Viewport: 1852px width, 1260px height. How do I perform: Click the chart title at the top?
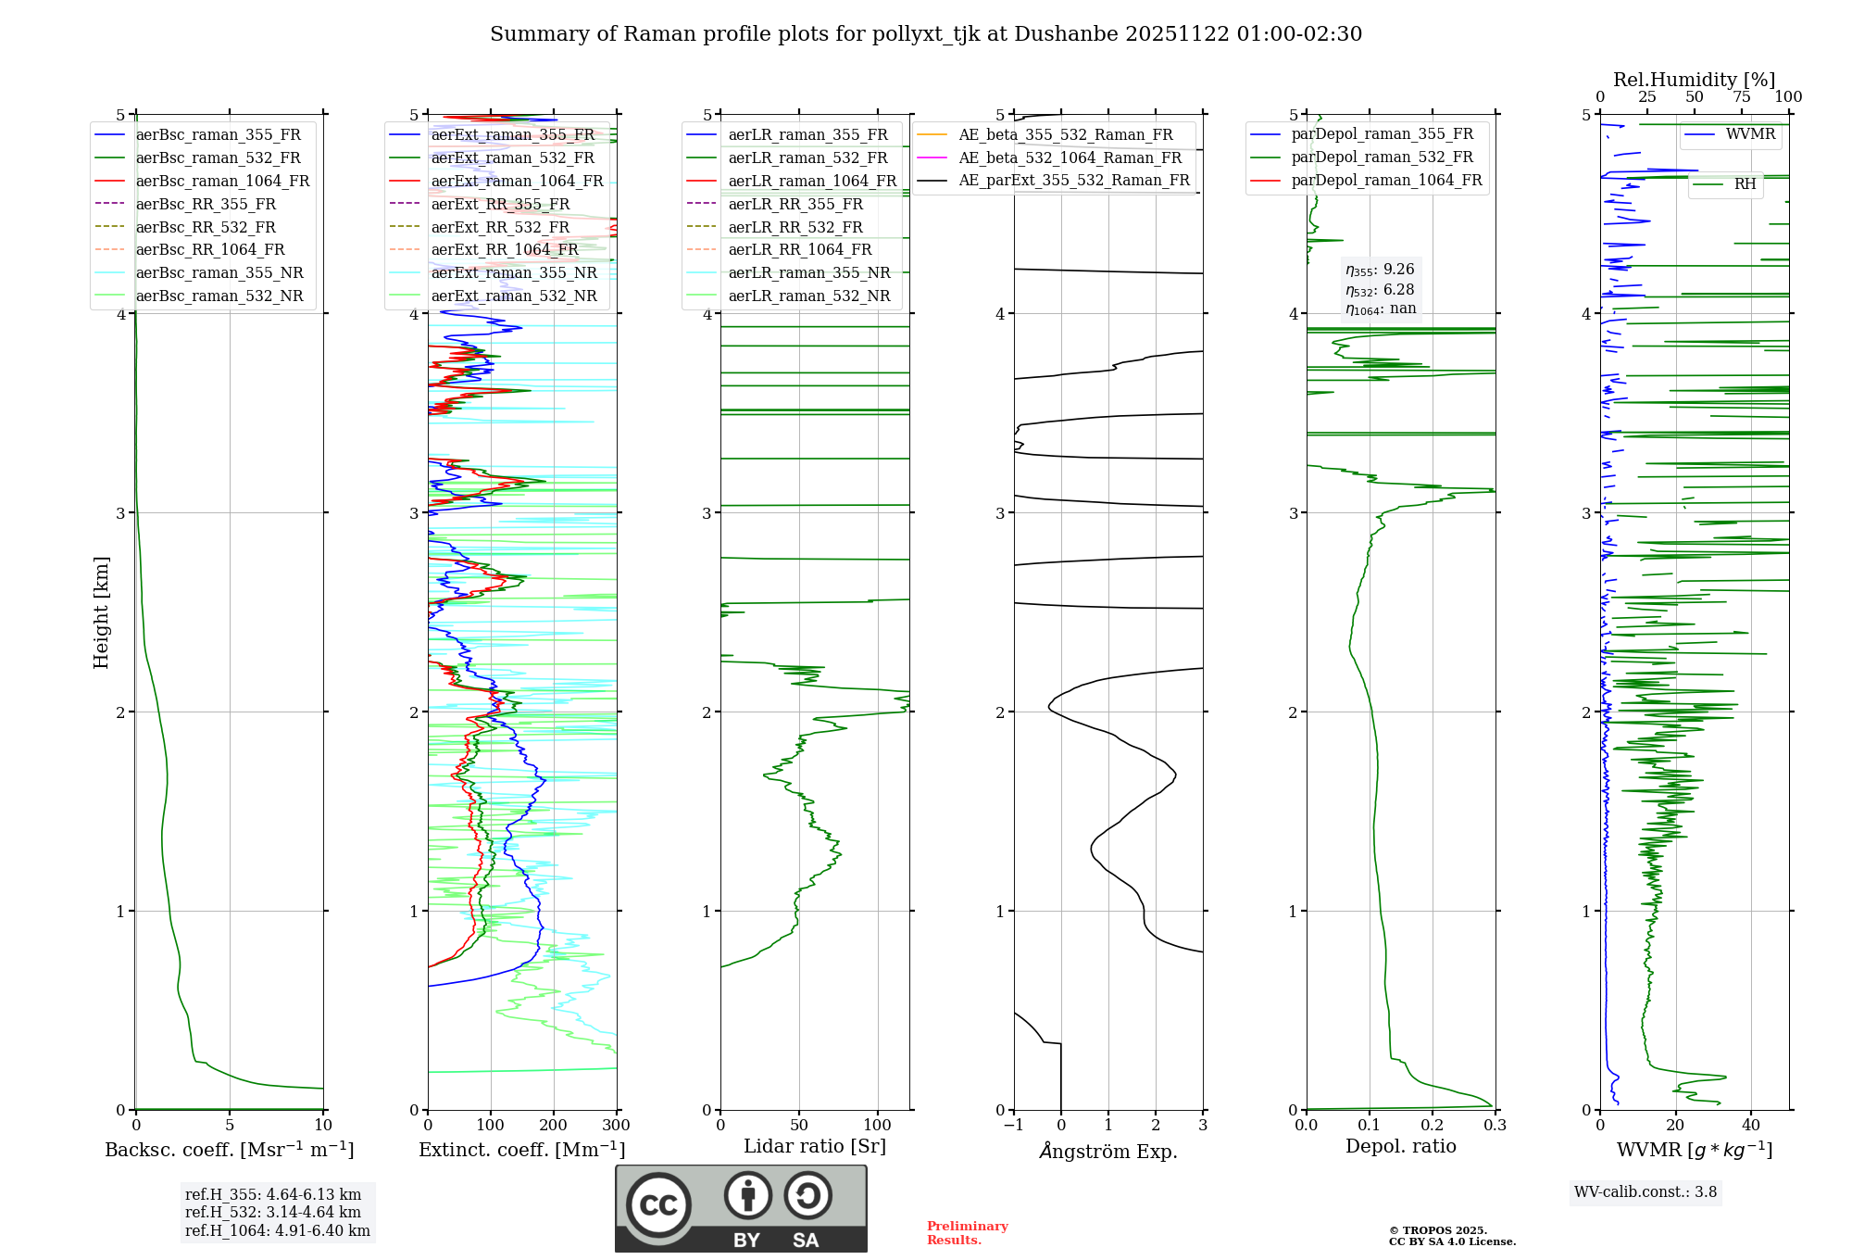point(926,34)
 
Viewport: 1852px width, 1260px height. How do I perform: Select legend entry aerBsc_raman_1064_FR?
point(222,182)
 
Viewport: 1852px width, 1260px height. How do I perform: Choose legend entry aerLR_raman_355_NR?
point(808,273)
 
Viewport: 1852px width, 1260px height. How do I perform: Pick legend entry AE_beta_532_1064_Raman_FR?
point(1070,158)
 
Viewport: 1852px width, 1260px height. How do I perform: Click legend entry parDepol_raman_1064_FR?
point(1386,181)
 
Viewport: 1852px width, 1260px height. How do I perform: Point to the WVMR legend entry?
point(1750,134)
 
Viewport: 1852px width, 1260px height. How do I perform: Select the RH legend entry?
point(1745,184)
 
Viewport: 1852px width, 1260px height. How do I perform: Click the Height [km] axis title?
point(101,612)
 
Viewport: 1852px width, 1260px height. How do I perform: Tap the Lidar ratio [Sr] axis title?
point(815,1147)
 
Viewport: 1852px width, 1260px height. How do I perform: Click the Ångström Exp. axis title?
point(1108,1152)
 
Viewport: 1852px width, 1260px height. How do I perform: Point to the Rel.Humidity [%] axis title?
point(1694,80)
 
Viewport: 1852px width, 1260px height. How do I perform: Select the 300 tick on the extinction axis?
point(616,1126)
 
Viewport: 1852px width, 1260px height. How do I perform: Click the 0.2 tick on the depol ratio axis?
point(1433,1126)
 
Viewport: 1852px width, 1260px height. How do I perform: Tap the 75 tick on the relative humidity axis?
point(1742,97)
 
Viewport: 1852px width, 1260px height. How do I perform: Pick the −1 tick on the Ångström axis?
point(1013,1126)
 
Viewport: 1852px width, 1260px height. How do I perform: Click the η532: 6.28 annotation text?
point(1380,290)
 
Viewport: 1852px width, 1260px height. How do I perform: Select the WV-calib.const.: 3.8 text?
point(1646,1192)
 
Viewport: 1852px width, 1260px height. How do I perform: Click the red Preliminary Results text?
point(967,1233)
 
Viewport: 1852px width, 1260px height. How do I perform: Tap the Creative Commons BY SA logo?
point(741,1209)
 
